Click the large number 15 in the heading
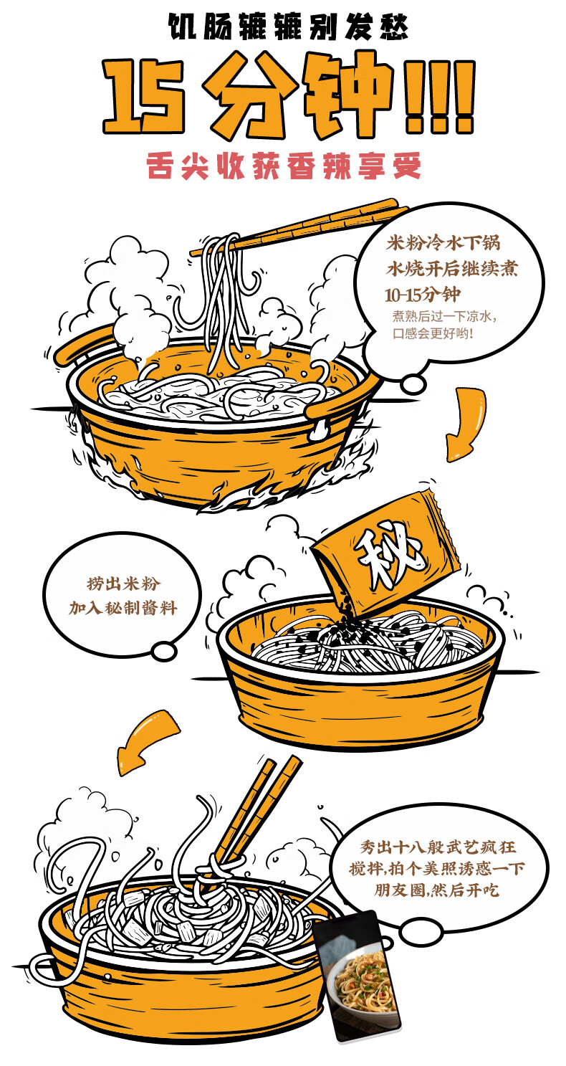tap(143, 95)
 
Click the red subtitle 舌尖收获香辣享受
tap(284, 166)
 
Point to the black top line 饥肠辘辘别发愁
tap(289, 27)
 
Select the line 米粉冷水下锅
tap(443, 243)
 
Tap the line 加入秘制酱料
tap(123, 608)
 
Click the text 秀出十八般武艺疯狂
tap(438, 847)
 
